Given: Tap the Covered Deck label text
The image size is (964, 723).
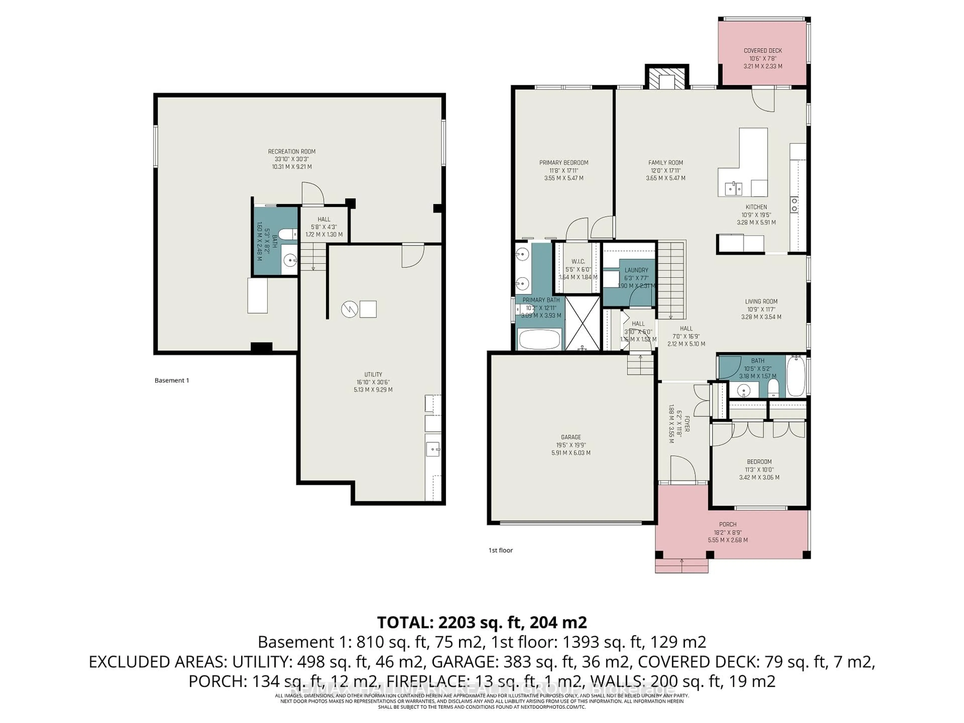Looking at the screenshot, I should coord(763,50).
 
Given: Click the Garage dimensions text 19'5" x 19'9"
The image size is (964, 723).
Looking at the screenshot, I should coord(571,445).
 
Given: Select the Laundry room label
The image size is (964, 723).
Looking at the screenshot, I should coord(636,270).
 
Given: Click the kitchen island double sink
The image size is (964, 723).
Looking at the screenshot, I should coord(734,189).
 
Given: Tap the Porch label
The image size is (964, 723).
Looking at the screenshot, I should coord(728,524).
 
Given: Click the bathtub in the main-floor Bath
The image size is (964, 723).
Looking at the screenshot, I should coord(797,377).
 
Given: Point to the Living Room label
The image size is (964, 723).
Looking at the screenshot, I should coord(761,301).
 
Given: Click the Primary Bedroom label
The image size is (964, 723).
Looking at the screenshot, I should coord(564,163).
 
